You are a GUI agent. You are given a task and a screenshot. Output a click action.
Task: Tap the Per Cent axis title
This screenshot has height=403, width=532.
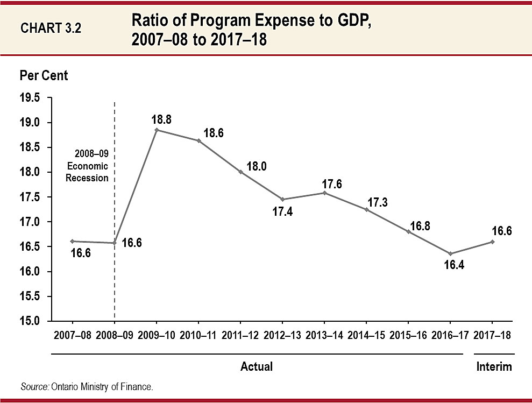click(44, 75)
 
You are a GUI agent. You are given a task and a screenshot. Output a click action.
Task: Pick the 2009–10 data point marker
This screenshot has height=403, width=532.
click(157, 130)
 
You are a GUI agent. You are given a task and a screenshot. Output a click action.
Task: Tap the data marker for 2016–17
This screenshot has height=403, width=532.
click(450, 253)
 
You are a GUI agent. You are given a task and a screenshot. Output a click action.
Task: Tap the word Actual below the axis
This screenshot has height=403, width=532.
click(256, 367)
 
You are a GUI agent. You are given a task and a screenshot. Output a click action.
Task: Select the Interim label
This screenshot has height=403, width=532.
click(494, 367)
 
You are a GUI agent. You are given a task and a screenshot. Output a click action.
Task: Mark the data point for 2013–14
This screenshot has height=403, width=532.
click(324, 193)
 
